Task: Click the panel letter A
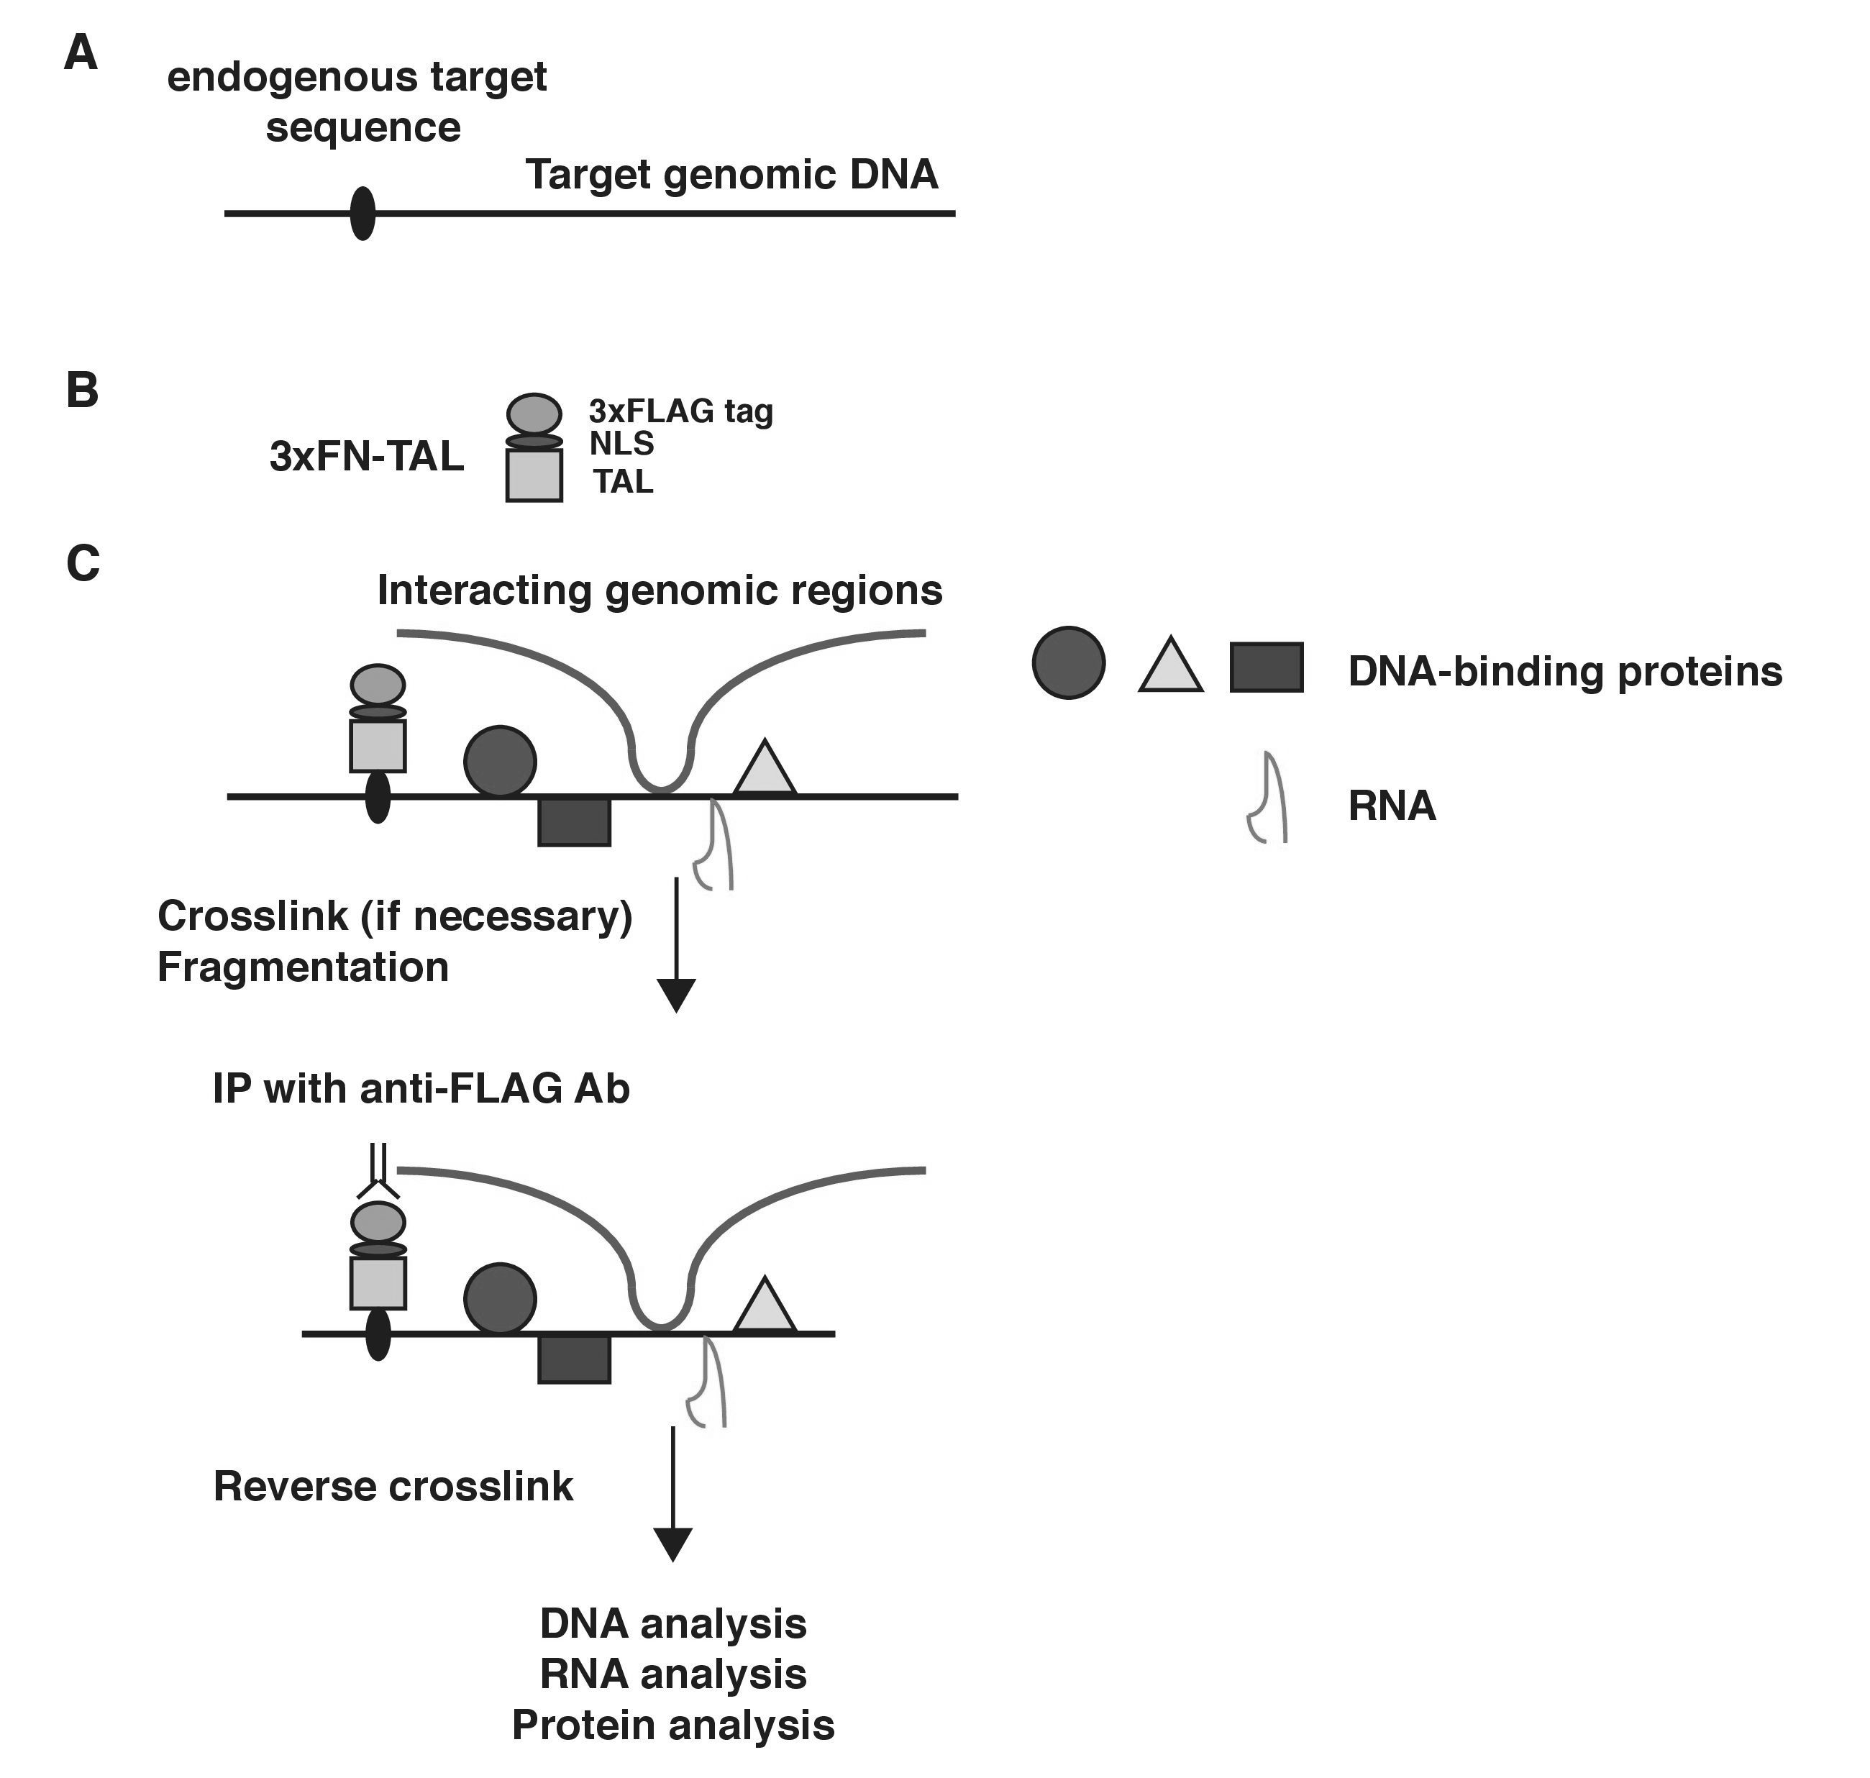(81, 53)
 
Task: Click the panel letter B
(83, 390)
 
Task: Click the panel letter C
(83, 563)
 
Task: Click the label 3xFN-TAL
(367, 456)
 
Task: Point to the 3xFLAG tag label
(680, 411)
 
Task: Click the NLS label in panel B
(621, 444)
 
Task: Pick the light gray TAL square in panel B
(534, 475)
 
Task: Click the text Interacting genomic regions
(660, 590)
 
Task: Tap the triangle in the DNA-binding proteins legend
(1170, 665)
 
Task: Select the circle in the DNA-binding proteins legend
(1068, 662)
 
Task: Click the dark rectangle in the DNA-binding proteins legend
(1267, 667)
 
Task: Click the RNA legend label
(1392, 806)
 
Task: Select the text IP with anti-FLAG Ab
(421, 1088)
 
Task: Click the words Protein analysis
(673, 1726)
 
